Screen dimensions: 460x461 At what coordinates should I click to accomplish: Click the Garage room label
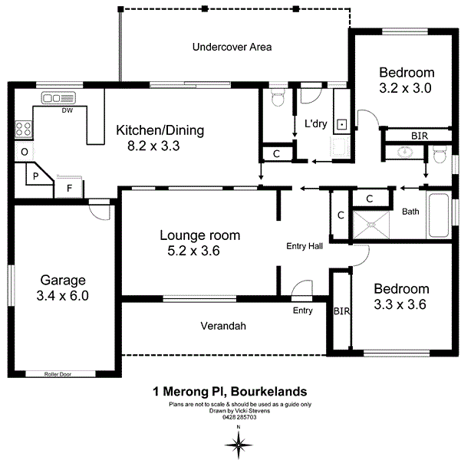[64, 280]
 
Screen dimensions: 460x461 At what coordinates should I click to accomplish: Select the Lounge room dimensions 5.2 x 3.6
[194, 250]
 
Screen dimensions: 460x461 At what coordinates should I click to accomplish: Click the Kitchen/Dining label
[160, 130]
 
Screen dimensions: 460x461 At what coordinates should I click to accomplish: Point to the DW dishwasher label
[68, 110]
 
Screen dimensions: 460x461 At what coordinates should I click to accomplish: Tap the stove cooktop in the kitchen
[22, 130]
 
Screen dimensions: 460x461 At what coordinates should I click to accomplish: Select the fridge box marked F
[69, 187]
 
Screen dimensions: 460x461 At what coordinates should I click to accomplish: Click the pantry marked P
[35, 176]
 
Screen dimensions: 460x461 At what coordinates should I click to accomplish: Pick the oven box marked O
[24, 153]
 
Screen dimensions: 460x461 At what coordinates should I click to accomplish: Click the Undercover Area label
[232, 47]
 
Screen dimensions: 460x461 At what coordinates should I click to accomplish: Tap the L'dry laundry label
[316, 123]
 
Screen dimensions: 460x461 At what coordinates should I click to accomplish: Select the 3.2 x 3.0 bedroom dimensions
[406, 87]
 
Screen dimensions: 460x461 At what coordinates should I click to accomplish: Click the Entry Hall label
[305, 246]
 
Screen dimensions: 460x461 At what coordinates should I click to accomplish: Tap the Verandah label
[223, 326]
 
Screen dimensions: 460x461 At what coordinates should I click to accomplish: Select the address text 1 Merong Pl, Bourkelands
[230, 391]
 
